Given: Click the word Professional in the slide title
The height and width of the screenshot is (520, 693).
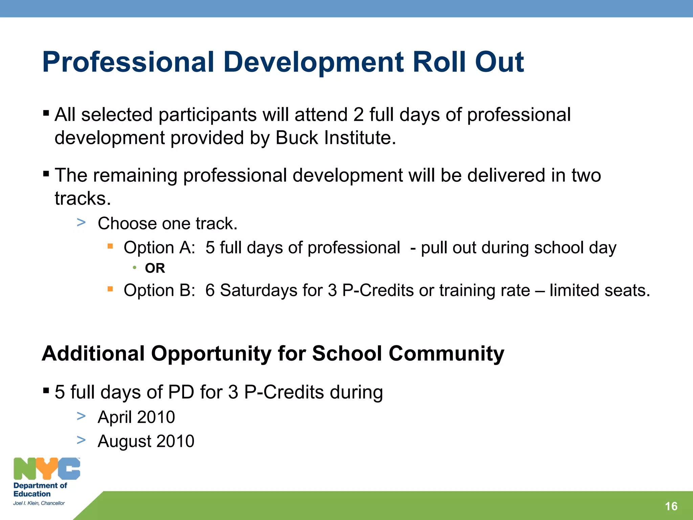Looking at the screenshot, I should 128,62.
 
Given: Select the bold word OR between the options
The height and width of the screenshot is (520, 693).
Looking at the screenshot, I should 155,268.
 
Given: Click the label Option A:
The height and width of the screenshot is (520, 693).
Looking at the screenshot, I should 159,247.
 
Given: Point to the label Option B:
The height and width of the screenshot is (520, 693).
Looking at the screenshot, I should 159,290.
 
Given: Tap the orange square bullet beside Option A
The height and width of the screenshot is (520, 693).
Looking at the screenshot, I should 110,246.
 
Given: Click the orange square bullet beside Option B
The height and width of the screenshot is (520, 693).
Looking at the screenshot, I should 110,289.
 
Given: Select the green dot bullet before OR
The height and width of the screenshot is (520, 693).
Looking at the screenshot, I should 135,268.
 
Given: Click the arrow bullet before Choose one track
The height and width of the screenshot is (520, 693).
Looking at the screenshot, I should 81,223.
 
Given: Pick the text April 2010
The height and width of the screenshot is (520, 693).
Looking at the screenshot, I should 136,417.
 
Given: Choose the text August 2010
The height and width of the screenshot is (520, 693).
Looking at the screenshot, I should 146,441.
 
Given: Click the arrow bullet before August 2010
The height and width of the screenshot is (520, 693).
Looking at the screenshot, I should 81,440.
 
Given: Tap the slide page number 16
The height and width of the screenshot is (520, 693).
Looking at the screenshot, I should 671,506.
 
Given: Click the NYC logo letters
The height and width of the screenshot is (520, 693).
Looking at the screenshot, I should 47,469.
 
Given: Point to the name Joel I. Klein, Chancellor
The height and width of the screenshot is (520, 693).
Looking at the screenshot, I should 39,503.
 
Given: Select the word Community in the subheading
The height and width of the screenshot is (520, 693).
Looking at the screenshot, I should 446,353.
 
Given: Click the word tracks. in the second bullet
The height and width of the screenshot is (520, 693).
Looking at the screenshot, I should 83,198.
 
